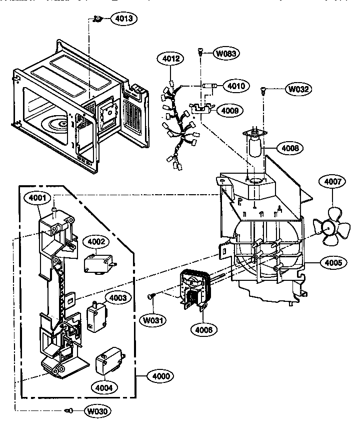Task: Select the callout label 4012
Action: pos(170,59)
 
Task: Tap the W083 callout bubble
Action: pos(227,53)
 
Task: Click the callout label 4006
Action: pos(203,329)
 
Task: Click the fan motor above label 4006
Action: pos(194,287)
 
